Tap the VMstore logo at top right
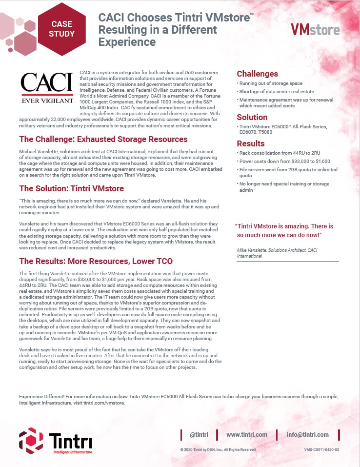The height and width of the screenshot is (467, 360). tap(315, 30)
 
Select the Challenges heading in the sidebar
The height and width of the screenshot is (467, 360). tap(257, 74)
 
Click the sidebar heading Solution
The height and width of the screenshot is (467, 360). tap(252, 117)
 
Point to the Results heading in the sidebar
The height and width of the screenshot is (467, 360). tap(251, 143)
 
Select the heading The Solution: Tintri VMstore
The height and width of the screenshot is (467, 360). tap(71, 188)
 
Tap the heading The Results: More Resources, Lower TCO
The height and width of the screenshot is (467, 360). tap(95, 261)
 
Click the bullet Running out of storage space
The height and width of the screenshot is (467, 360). tap(271, 84)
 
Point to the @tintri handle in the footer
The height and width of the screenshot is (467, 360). tap(199, 434)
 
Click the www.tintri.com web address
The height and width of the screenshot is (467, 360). tap(247, 434)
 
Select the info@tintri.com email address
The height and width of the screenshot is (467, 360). tap(307, 434)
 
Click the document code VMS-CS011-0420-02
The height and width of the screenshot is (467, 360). tap(321, 449)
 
